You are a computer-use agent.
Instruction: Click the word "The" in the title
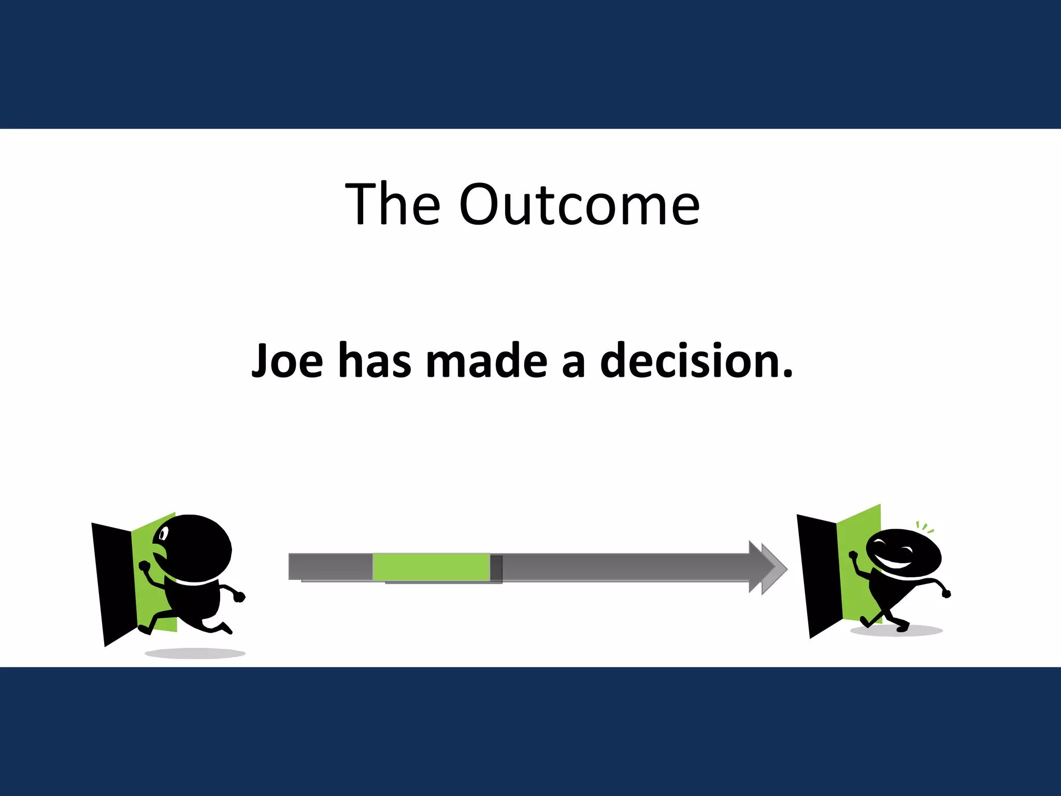pos(393,204)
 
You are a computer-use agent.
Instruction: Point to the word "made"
pos(486,361)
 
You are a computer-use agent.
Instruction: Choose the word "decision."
pos(696,361)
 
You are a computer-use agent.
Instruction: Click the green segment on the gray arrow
pos(431,567)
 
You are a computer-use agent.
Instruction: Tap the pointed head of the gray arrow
pos(769,567)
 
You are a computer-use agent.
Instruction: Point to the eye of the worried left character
pos(164,533)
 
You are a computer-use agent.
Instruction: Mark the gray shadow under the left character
pos(195,653)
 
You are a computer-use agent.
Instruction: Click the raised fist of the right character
pos(853,556)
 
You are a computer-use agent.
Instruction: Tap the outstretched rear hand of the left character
pos(239,596)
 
